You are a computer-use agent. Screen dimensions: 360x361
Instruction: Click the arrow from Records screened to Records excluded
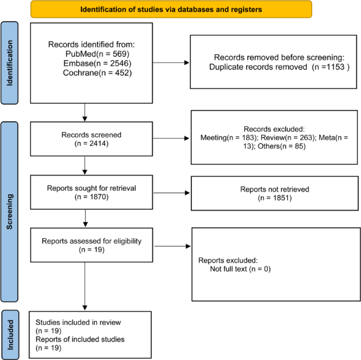(163, 139)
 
